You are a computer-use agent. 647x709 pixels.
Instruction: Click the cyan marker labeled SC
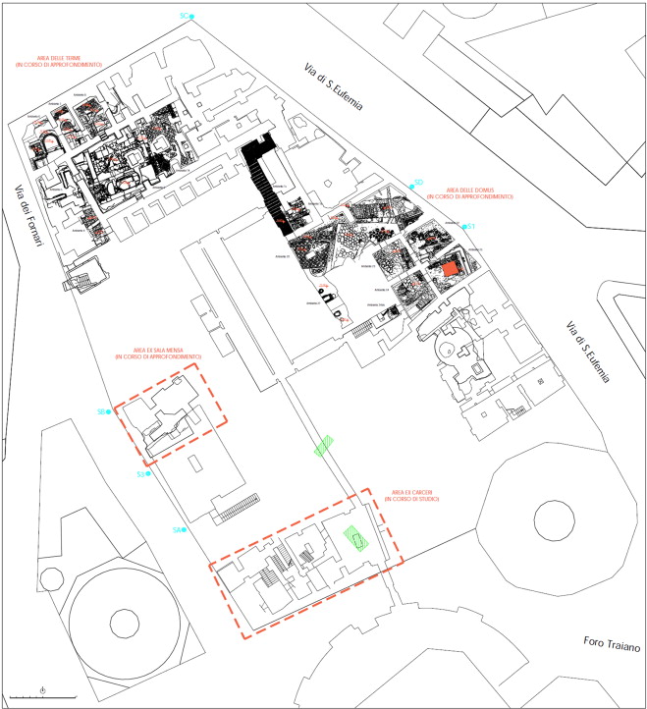(192, 17)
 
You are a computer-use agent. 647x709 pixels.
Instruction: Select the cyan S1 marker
(465, 227)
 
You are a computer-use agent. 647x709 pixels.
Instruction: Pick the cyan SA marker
(185, 530)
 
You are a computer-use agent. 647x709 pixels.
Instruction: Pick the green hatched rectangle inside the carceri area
(352, 538)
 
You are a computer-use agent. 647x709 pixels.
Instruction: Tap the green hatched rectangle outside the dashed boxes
(325, 446)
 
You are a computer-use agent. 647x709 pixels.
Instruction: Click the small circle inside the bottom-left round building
(124, 623)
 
